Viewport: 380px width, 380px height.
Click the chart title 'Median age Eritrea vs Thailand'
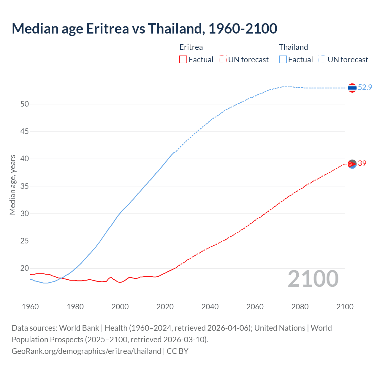click(144, 28)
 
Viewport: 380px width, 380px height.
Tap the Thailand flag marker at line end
click(352, 88)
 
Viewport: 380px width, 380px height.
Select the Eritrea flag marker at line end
click(352, 164)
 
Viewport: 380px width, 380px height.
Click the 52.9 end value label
click(365, 87)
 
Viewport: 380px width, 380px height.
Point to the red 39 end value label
click(362, 163)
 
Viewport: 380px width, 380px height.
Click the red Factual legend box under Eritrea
click(183, 60)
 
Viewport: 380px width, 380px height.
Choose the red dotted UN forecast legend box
click(223, 60)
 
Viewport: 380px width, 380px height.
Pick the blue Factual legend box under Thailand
click(283, 60)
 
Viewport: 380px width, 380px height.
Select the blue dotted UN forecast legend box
click(322, 60)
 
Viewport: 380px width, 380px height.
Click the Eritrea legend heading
click(191, 47)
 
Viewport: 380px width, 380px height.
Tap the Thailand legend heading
click(293, 47)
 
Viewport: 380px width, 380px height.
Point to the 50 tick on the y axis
click(25, 104)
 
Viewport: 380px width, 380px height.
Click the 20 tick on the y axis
click(25, 268)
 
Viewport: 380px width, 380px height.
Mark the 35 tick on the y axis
click(25, 186)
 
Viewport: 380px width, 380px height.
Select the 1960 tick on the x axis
click(30, 307)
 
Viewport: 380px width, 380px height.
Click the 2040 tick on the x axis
click(210, 307)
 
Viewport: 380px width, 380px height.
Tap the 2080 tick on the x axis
click(300, 307)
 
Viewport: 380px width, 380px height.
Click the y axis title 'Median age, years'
click(12, 185)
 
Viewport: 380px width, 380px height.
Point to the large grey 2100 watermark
click(313, 279)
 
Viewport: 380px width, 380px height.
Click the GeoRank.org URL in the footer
click(86, 351)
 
